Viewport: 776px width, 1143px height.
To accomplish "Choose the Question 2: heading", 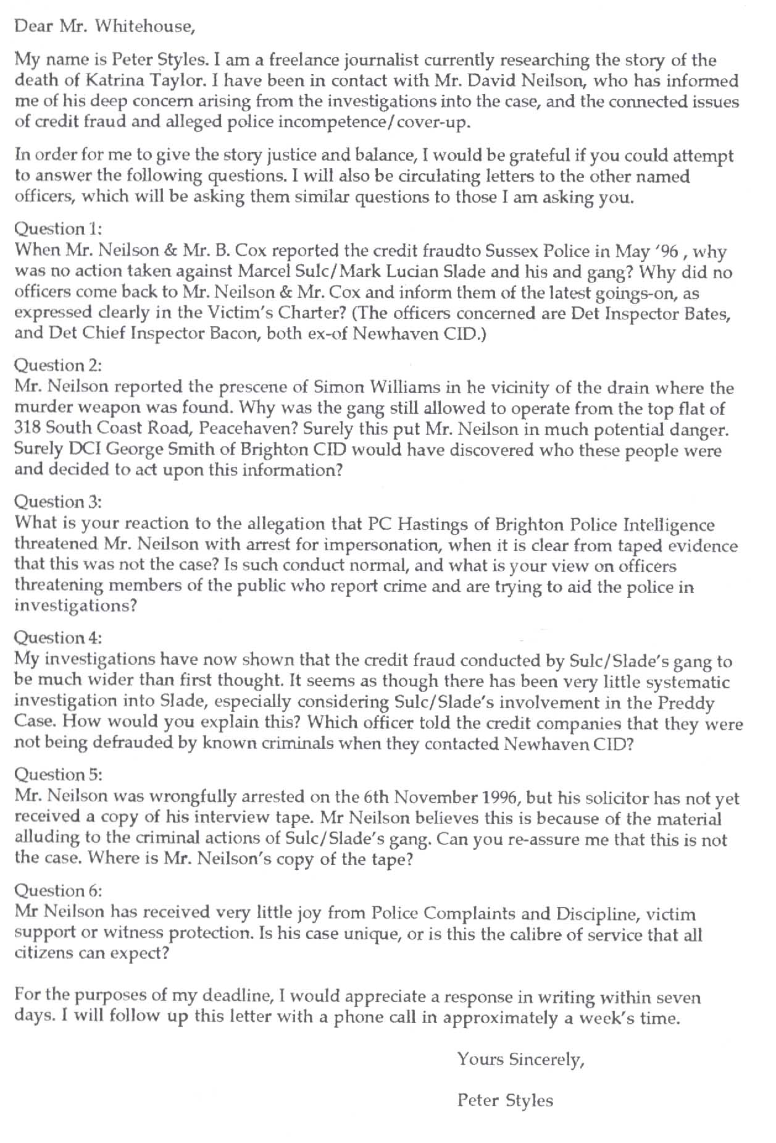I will [x=57, y=366].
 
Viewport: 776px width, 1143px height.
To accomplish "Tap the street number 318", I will [x=27, y=429].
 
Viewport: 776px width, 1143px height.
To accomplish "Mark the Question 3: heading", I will [x=57, y=502].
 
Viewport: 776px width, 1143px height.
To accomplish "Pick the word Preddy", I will [x=686, y=703].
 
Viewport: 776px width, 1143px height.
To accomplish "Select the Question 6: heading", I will [x=57, y=891].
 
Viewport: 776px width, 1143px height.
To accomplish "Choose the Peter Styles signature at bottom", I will [x=505, y=1100].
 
